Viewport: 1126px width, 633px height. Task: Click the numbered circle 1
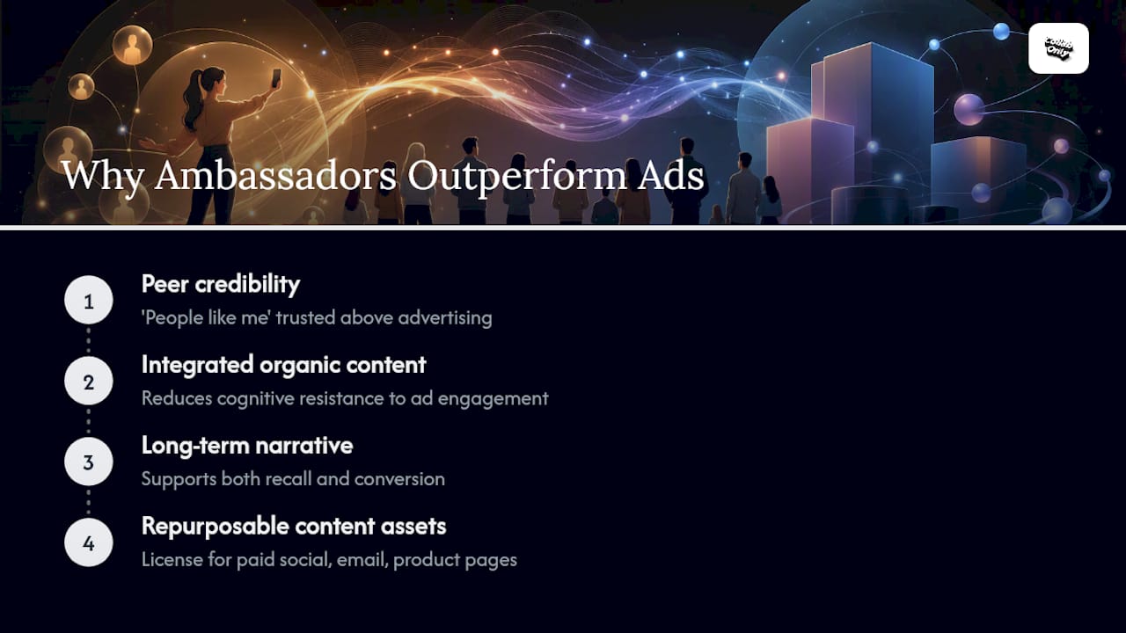(x=89, y=300)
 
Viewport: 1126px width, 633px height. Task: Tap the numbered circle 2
(x=89, y=381)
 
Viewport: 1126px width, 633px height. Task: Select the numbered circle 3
(x=89, y=462)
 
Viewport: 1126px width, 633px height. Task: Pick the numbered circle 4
(x=89, y=542)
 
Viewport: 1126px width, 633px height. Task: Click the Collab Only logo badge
(x=1058, y=48)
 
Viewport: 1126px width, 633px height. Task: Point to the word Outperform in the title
(x=516, y=177)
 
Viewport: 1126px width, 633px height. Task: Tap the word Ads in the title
(x=670, y=175)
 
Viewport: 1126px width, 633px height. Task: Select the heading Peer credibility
(x=221, y=284)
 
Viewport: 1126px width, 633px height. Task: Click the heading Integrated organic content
(x=283, y=365)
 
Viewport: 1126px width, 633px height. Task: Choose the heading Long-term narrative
(x=247, y=446)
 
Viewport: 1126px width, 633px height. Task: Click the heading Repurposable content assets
(x=294, y=527)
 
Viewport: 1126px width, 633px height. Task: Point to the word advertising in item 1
(x=445, y=318)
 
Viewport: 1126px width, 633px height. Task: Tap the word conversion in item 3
(x=399, y=479)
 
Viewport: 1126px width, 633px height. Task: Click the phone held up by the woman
(x=276, y=78)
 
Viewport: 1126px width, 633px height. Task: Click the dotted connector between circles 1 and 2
(x=89, y=340)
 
